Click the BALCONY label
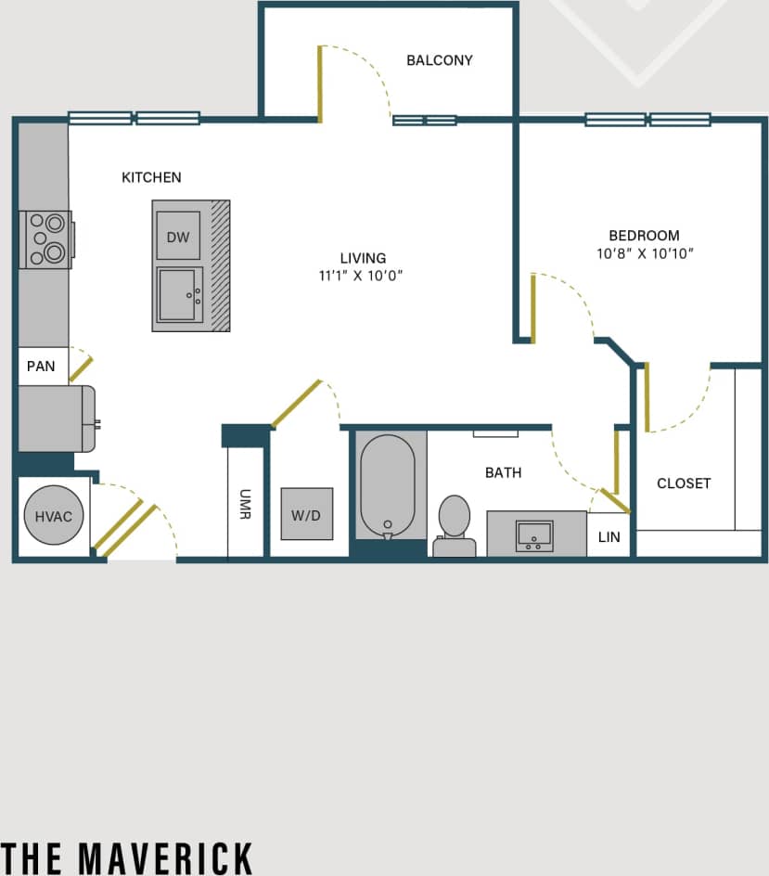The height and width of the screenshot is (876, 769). coord(440,60)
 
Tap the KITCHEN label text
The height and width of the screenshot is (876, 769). coord(151,177)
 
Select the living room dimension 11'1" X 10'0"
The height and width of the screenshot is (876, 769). coord(362,276)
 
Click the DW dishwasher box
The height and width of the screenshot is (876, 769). coord(178,237)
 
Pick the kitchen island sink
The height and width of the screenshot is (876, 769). coord(180,295)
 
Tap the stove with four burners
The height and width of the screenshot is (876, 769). coord(45,238)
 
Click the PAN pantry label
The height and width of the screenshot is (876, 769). coord(41,367)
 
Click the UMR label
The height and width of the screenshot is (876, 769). coord(246,504)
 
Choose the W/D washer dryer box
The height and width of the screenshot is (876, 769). coord(306,514)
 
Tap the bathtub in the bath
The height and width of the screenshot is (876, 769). coord(387,485)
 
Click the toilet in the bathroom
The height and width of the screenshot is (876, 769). coord(455,525)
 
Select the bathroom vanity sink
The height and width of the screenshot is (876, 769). coord(534,535)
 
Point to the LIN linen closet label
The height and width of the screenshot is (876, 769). coord(609,537)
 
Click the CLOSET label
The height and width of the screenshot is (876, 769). coord(684,483)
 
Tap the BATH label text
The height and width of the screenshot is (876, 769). coord(503,472)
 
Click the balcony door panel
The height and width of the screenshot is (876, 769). coord(320,84)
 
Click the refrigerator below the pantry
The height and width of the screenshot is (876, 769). coord(56,419)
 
